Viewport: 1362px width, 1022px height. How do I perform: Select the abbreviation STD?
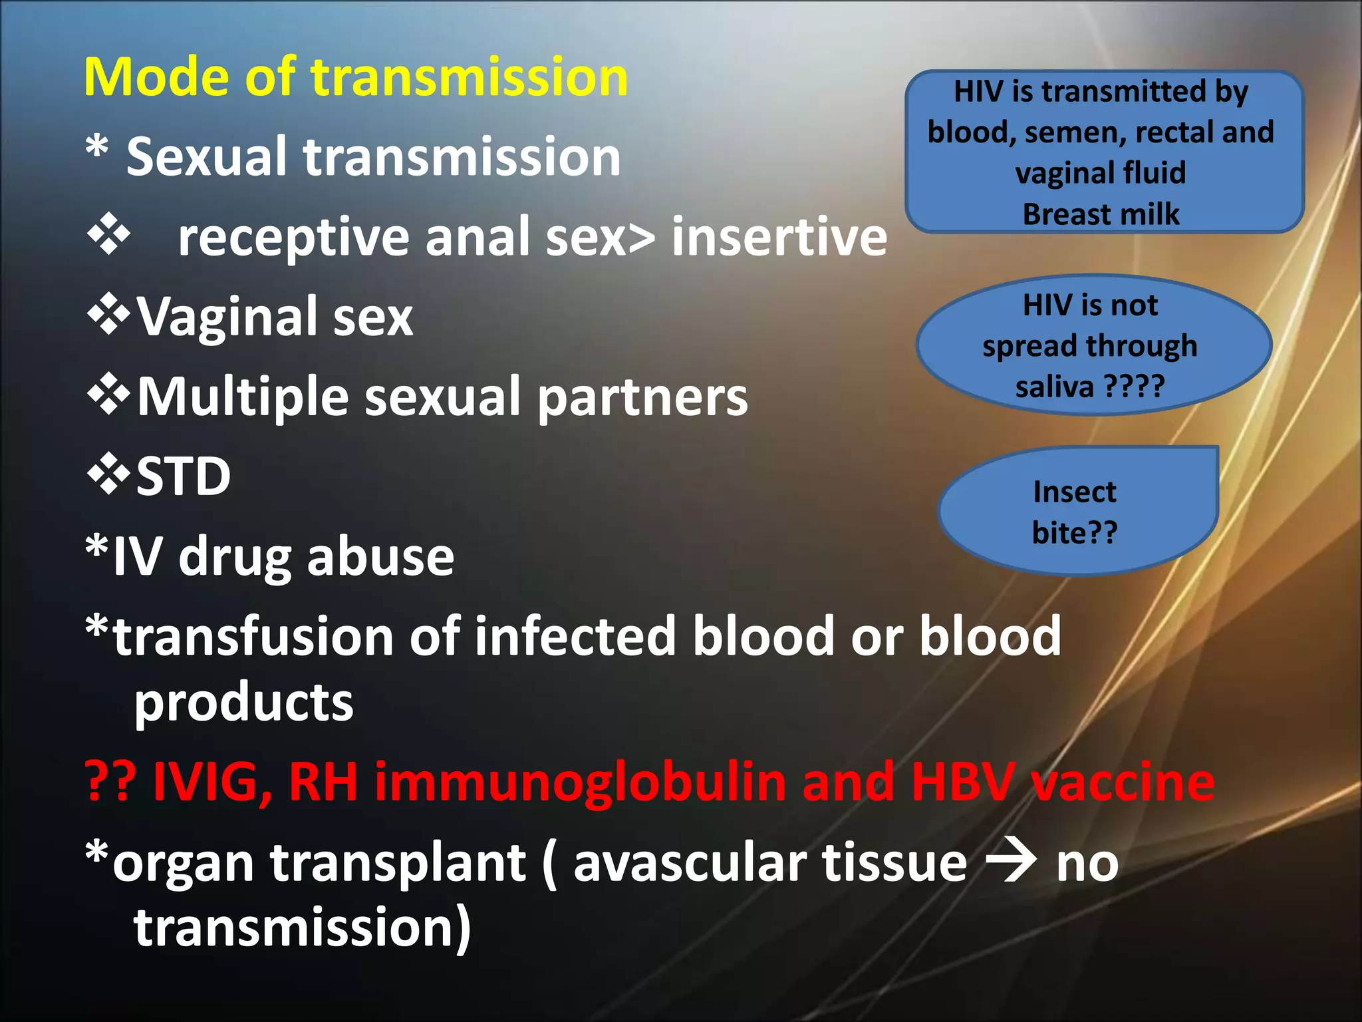click(x=184, y=476)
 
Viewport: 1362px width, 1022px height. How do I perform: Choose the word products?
click(x=243, y=704)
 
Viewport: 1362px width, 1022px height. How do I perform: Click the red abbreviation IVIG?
click(x=211, y=782)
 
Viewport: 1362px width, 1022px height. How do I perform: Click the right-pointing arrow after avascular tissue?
click(x=1011, y=862)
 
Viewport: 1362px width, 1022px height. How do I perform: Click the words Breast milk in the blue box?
click(x=1101, y=214)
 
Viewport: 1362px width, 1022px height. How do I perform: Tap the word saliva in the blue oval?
click(x=1054, y=387)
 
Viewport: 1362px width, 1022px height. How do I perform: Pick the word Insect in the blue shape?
click(x=1075, y=492)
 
